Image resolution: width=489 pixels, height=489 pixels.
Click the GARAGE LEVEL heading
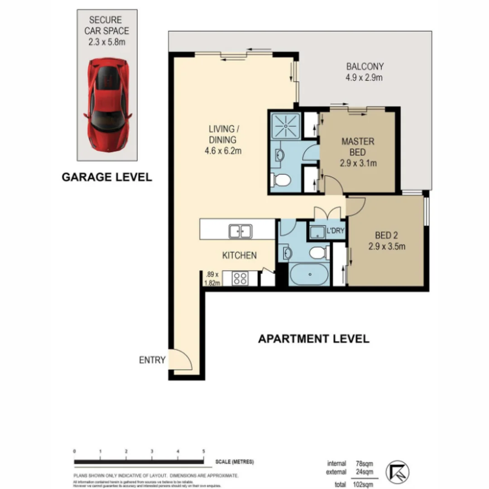pos(106,177)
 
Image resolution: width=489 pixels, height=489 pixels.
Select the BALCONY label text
pos(364,72)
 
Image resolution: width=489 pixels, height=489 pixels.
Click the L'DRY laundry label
pos(336,231)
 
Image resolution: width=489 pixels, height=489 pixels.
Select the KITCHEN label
pos(239,255)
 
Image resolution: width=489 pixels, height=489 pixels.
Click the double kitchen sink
pos(240,231)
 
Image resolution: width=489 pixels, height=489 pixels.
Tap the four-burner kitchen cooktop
pos(240,278)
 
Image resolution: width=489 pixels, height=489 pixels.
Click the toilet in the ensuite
pos(281,180)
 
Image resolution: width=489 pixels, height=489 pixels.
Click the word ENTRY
pos(152,360)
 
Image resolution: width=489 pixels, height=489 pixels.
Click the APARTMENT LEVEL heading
pos(313,339)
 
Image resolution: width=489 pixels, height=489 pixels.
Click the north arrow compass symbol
pos(397,472)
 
